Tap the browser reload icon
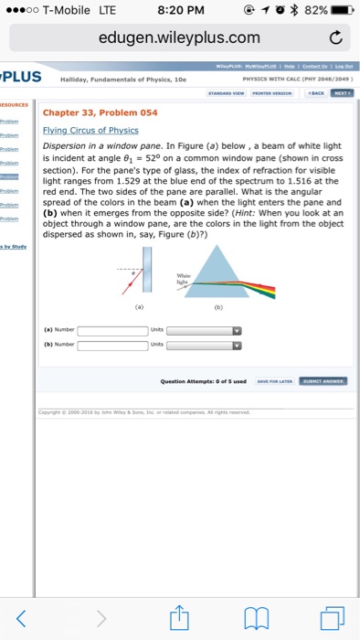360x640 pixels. pyautogui.click(x=334, y=38)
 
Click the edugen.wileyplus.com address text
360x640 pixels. pyautogui.click(x=179, y=38)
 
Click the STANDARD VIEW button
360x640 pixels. pyautogui.click(x=226, y=92)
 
